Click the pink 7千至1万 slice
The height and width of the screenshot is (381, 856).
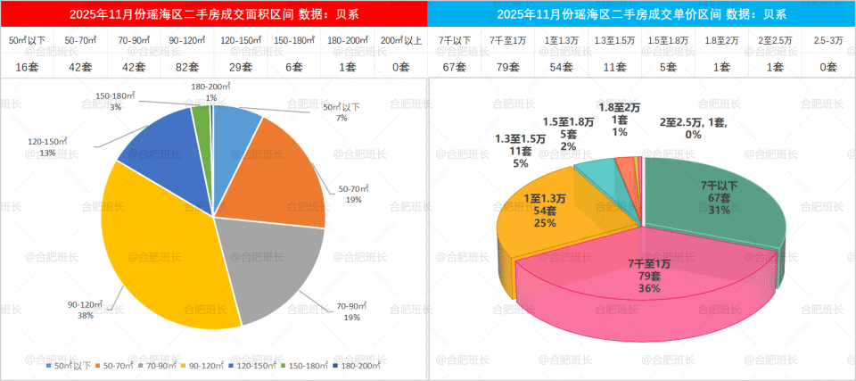(x=642, y=277)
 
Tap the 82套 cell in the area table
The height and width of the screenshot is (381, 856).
(x=185, y=67)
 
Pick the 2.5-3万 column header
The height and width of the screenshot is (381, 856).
(x=828, y=41)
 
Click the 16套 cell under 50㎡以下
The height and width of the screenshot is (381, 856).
(x=25, y=67)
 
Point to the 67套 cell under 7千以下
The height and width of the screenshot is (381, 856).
(x=454, y=67)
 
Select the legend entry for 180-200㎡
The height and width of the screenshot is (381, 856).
(x=359, y=365)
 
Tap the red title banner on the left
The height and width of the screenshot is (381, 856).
(x=214, y=13)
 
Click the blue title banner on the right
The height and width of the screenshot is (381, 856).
(x=642, y=13)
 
